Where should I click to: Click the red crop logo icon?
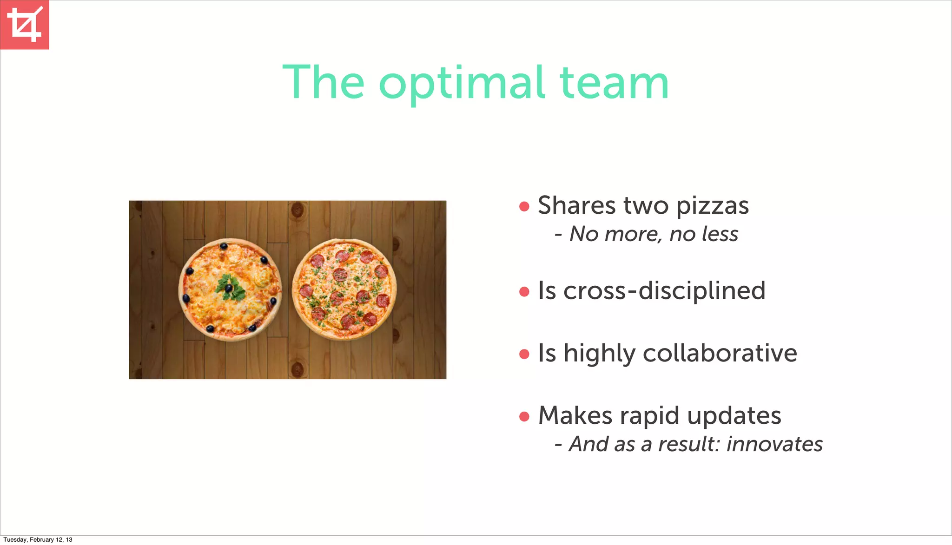coord(25,25)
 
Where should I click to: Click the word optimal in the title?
coord(462,84)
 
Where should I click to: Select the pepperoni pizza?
coord(344,289)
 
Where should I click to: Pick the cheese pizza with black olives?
coord(230,289)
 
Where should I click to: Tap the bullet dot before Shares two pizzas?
coord(524,206)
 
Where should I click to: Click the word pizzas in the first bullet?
coord(712,206)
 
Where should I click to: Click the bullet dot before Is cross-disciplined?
coord(524,292)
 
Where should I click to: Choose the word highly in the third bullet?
coord(599,354)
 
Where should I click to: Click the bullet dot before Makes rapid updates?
coord(524,416)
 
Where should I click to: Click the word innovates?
coord(774,444)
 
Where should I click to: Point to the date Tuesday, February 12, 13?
coord(38,540)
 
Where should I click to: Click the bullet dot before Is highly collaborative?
coord(524,354)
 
